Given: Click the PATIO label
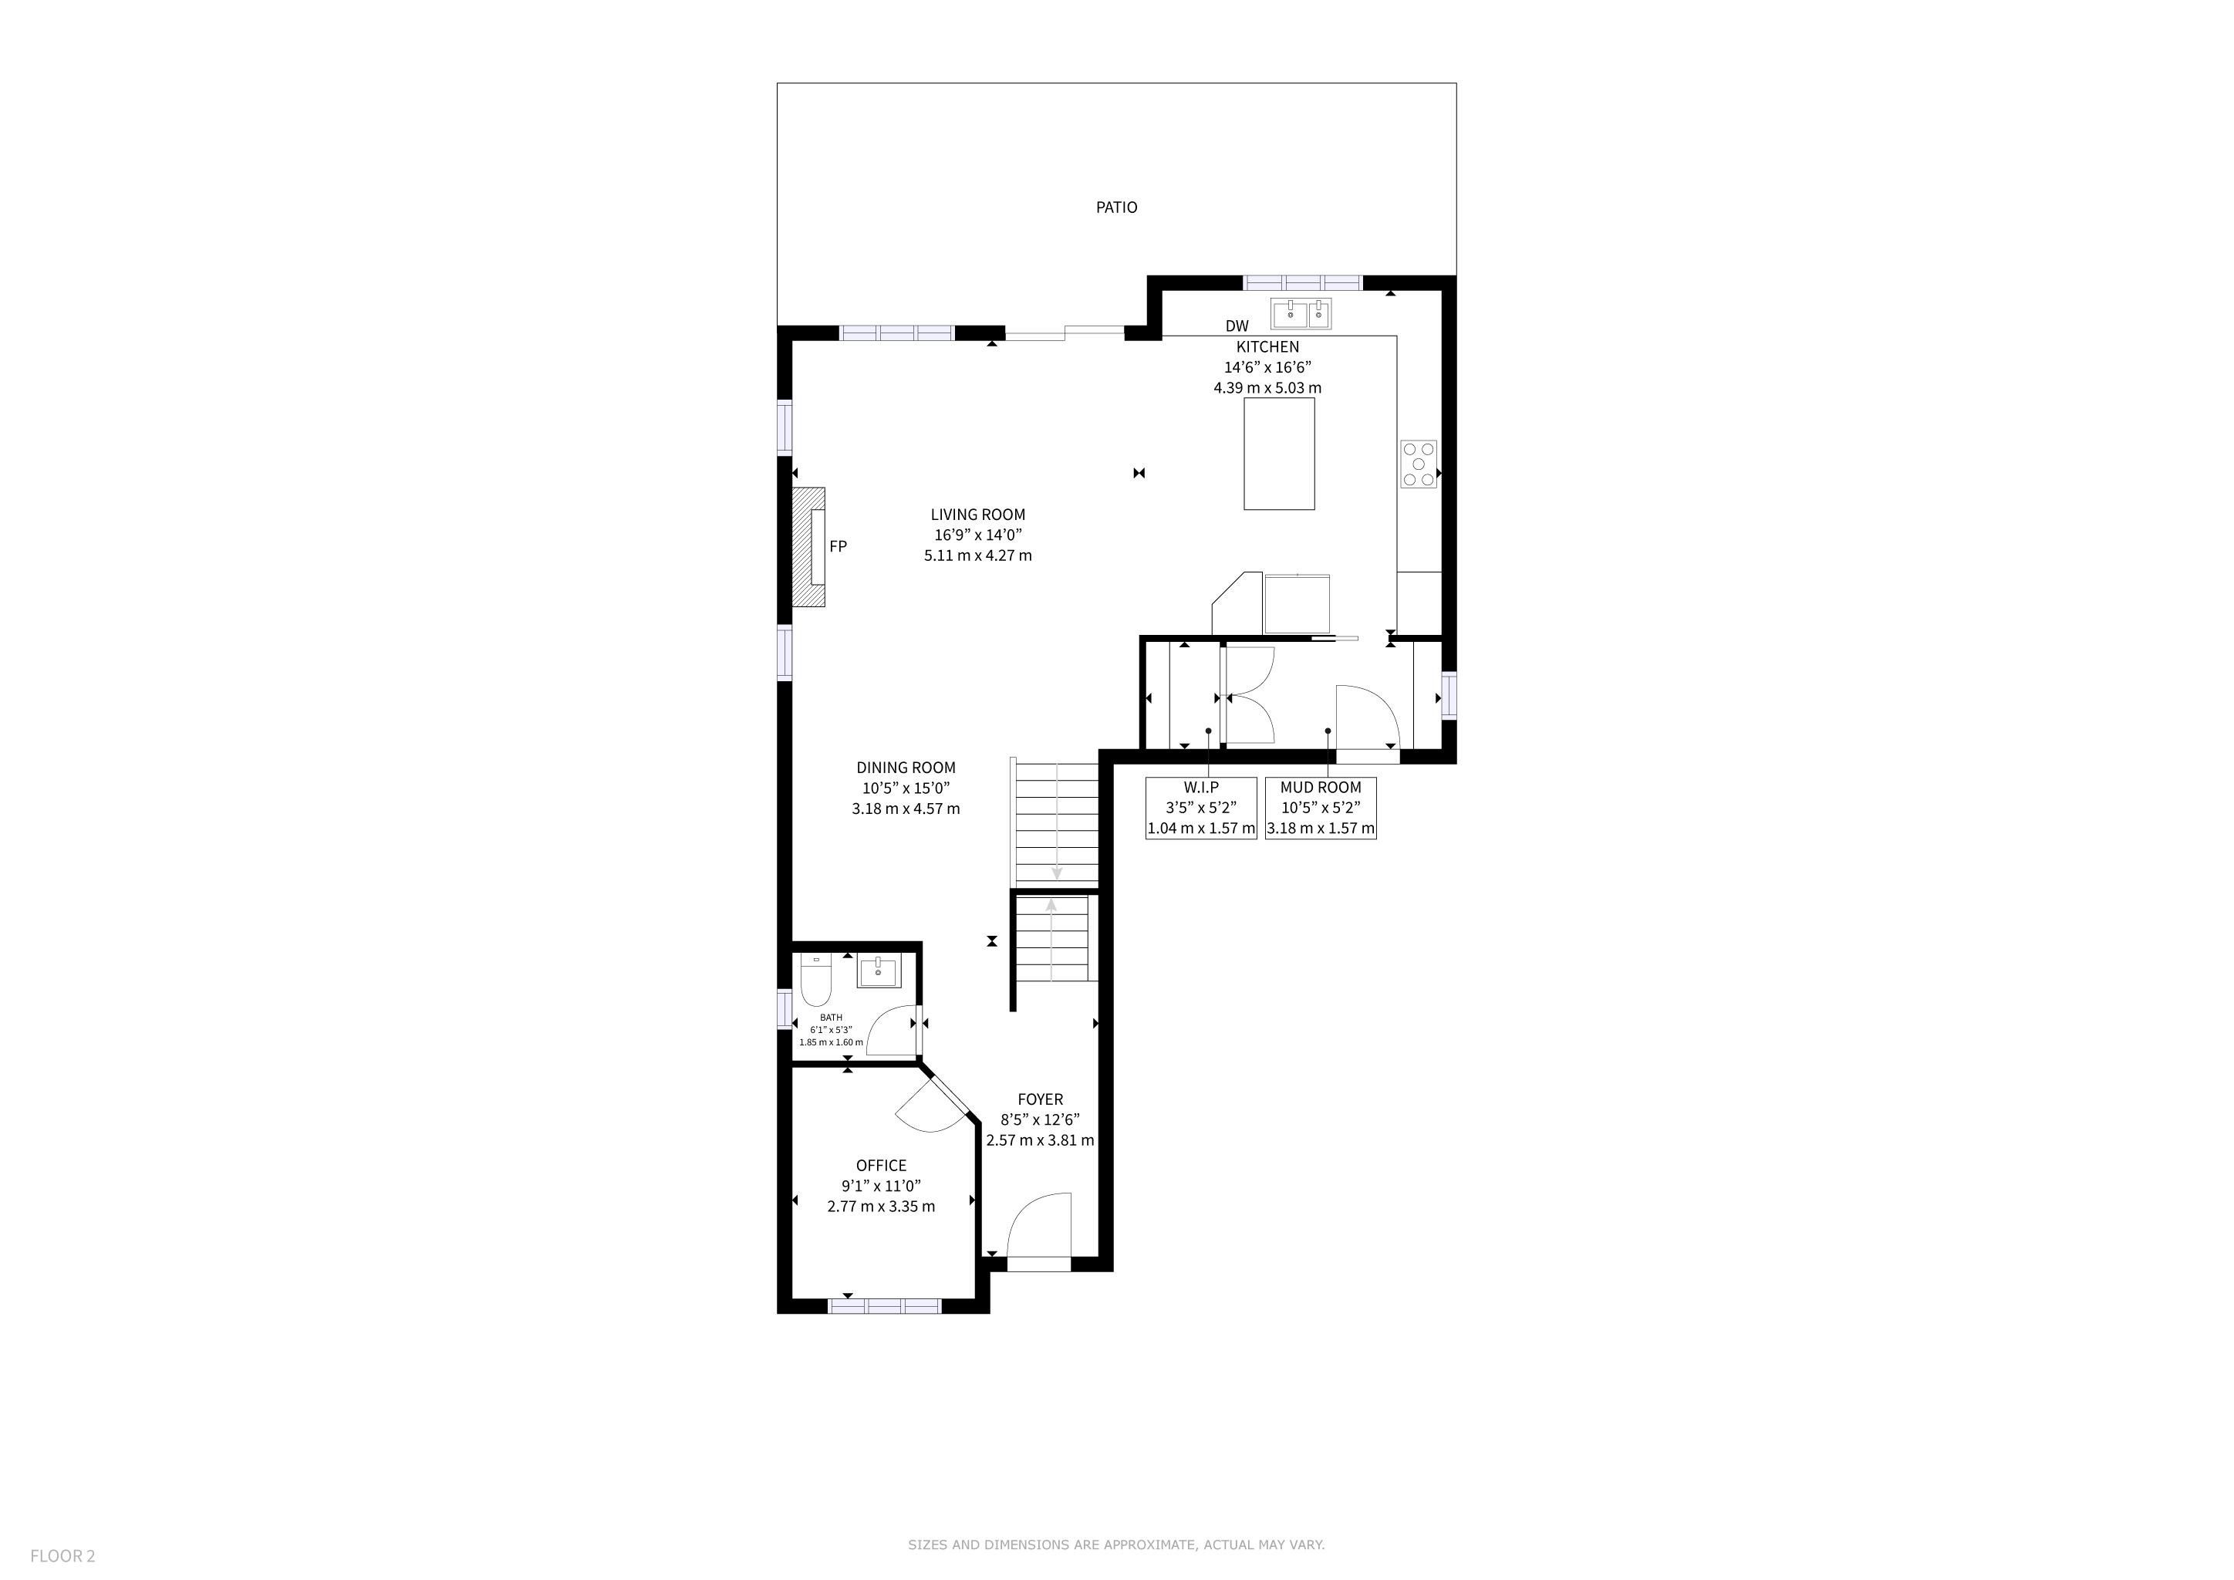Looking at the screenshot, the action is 1116,208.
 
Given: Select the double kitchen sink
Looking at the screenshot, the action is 1301,314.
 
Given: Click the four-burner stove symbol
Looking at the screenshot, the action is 1419,464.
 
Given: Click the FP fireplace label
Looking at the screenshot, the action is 838,547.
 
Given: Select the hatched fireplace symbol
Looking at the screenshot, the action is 808,548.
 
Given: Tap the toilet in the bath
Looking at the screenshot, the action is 815,981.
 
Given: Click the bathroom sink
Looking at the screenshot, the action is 879,971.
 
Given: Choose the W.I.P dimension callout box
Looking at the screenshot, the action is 1200,809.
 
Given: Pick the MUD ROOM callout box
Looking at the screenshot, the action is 1321,809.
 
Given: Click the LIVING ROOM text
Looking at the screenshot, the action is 978,515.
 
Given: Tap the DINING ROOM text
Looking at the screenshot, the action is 906,768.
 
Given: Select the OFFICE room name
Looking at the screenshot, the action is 882,1166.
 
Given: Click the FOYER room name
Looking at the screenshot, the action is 1040,1099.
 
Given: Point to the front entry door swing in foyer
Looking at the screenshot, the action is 1038,1229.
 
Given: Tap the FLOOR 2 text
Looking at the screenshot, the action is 62,1555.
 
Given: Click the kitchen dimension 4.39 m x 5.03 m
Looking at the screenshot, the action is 1267,388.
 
